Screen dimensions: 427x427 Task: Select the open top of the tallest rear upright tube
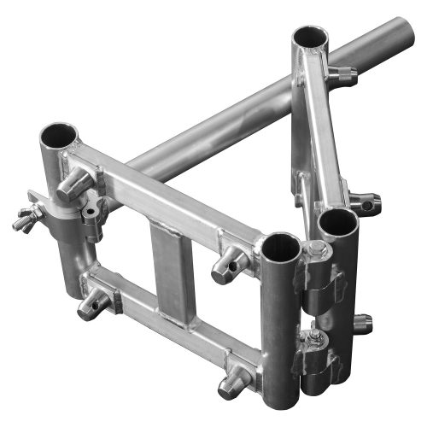309,38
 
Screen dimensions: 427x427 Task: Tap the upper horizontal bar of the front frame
162,192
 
